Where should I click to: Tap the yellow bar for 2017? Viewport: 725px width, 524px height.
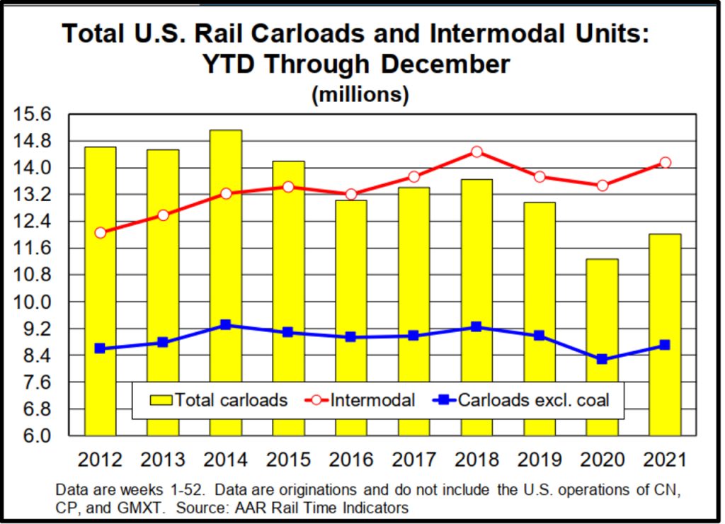coord(414,283)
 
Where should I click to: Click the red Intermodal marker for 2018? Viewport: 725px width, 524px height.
coord(476,152)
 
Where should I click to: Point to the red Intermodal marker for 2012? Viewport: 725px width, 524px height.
coord(100,232)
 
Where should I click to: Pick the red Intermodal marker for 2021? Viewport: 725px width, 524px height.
coord(665,163)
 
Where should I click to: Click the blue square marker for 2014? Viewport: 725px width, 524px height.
coord(226,325)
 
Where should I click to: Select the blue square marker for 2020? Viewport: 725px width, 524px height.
coord(602,359)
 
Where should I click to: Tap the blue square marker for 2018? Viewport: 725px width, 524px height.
coord(476,327)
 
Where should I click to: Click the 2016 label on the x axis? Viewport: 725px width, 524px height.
coord(351,460)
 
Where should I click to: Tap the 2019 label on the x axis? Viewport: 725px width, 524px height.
coord(540,460)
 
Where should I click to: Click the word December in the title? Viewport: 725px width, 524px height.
coord(446,64)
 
